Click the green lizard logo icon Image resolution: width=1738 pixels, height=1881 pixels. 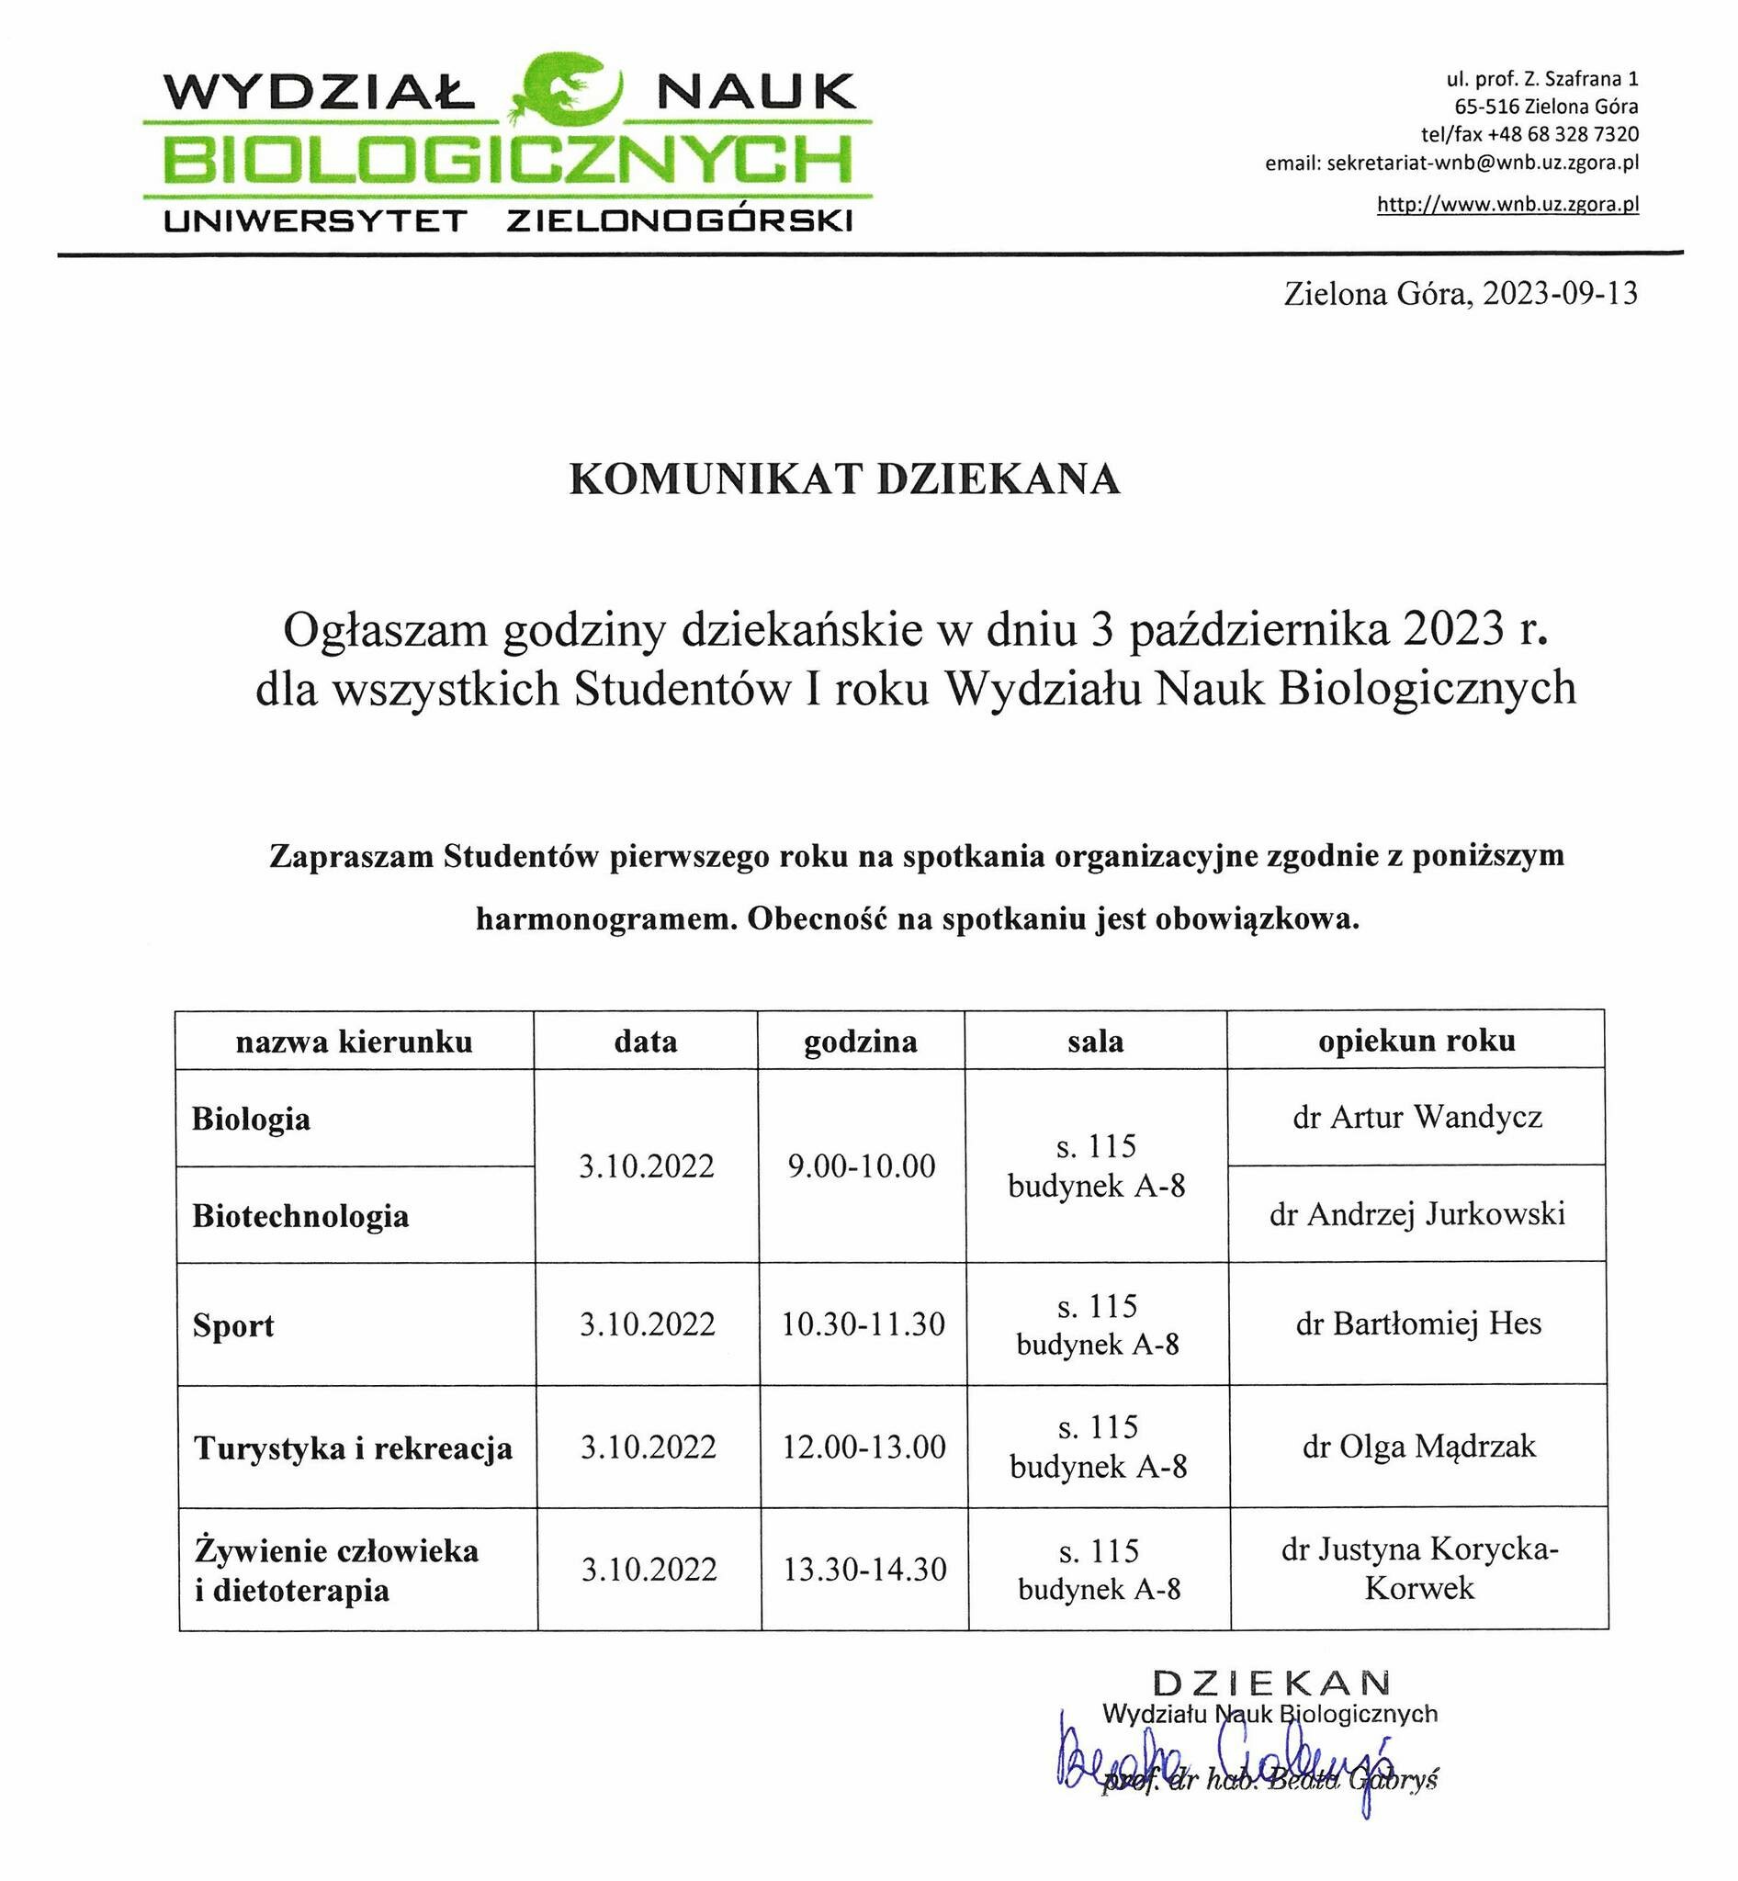(567, 89)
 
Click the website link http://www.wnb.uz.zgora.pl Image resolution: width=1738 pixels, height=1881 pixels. (1507, 204)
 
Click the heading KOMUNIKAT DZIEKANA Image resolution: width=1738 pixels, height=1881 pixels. (844, 479)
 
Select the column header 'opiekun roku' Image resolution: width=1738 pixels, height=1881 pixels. (1416, 1042)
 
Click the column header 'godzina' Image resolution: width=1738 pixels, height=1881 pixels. (861, 1042)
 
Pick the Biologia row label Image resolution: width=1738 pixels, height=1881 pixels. (251, 1120)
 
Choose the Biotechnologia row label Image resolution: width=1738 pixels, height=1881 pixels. (301, 1216)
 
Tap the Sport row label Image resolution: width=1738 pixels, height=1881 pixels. (233, 1326)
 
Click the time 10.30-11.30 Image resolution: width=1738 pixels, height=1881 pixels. (863, 1325)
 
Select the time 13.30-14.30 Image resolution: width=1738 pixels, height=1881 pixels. (865, 1570)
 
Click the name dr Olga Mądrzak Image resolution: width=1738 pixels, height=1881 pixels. (1419, 1447)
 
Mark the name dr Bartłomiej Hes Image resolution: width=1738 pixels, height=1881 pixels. (1418, 1324)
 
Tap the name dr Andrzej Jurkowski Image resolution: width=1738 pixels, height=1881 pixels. (1417, 1214)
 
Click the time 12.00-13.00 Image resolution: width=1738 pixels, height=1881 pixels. (864, 1447)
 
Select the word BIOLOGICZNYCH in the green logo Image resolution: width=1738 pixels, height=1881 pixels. (508, 160)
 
